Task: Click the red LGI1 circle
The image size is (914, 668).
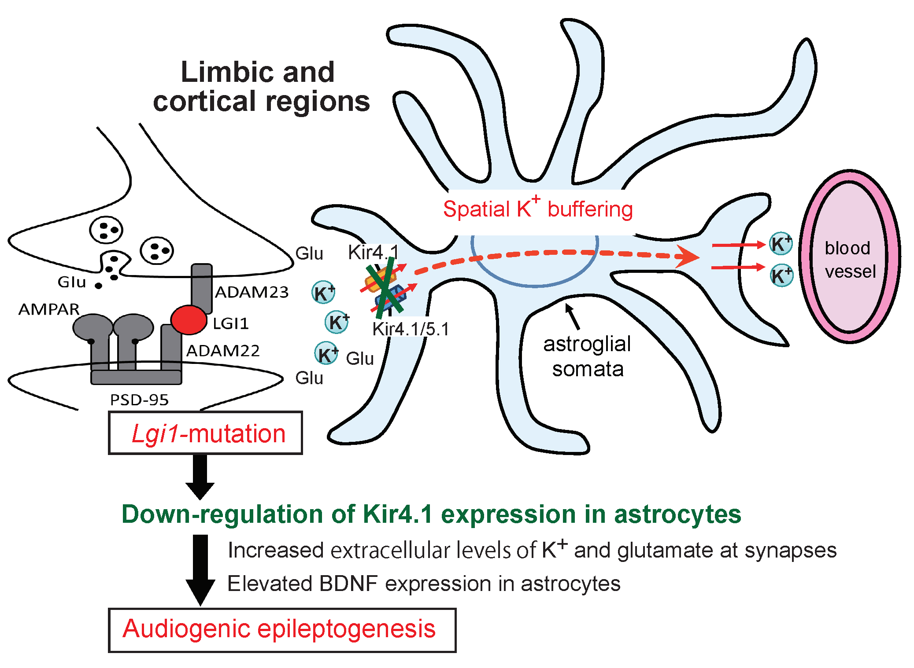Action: pos(189,320)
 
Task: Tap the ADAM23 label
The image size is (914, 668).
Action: pos(252,292)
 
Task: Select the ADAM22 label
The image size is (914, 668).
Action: pos(223,351)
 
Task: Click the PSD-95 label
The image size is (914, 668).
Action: pos(139,400)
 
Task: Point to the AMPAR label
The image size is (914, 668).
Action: pos(49,309)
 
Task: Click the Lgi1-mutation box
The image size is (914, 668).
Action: pos(205,433)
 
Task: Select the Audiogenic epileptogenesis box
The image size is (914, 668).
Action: pos(282,630)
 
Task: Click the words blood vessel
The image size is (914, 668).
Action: pos(849,260)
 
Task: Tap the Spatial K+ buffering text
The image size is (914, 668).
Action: pos(537,208)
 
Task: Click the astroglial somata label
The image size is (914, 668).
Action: pos(587,356)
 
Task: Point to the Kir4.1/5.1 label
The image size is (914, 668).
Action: pos(411,329)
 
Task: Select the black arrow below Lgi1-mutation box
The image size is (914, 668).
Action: pos(200,477)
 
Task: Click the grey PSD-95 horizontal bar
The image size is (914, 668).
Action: pos(136,377)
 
